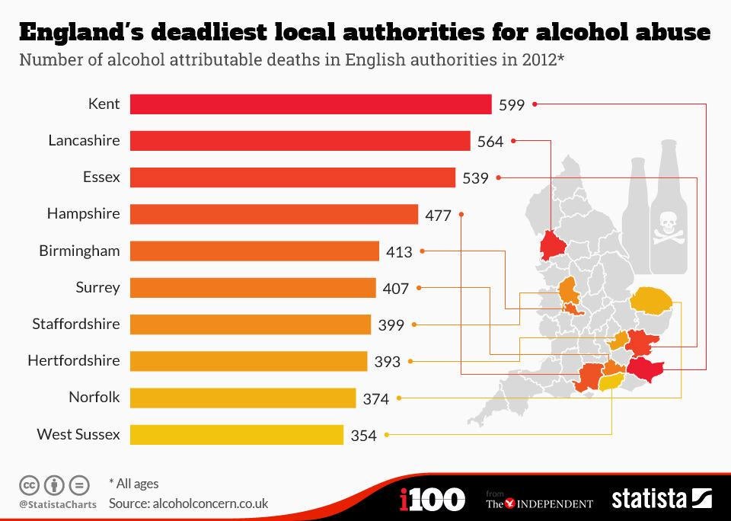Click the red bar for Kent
click(x=311, y=104)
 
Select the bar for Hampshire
click(x=274, y=214)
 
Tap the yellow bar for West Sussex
click(x=237, y=435)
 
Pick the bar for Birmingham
click(x=254, y=251)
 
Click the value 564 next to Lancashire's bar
click(x=490, y=142)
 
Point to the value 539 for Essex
click(x=475, y=178)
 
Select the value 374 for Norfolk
click(x=375, y=398)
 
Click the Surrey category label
click(x=97, y=287)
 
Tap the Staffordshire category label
click(x=76, y=324)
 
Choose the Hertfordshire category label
click(x=74, y=360)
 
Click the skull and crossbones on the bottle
click(x=668, y=226)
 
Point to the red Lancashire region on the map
click(x=550, y=245)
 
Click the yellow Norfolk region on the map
click(x=652, y=299)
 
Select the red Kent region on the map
click(x=646, y=370)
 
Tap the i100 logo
click(x=432, y=500)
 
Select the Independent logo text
click(x=539, y=503)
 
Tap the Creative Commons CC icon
click(x=29, y=484)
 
